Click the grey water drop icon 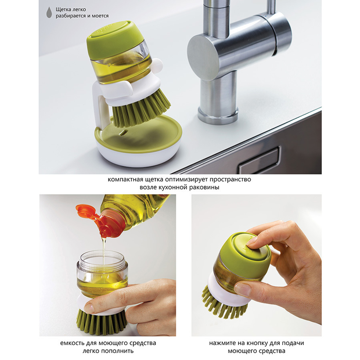pyautogui.click(x=49, y=12)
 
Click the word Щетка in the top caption pyautogui.click(x=64, y=10)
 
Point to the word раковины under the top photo pyautogui.click(x=204, y=187)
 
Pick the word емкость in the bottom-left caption pyautogui.click(x=72, y=343)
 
